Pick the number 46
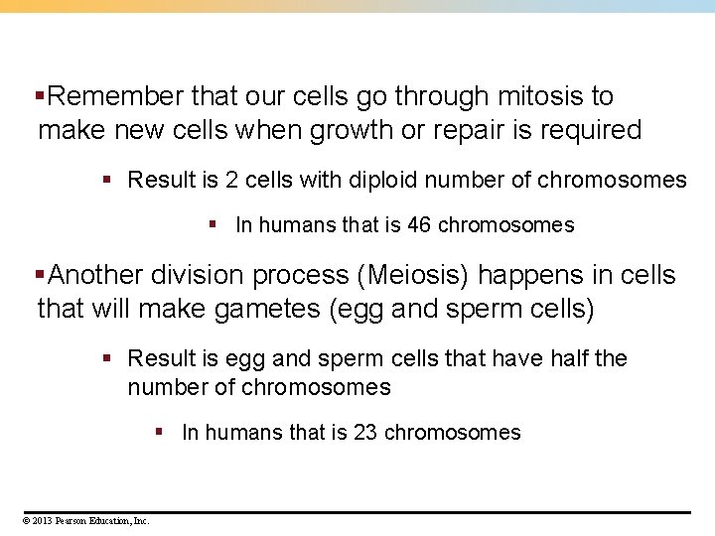[419, 225]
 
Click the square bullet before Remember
[40, 97]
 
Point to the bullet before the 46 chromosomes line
[213, 225]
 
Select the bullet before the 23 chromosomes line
[159, 433]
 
